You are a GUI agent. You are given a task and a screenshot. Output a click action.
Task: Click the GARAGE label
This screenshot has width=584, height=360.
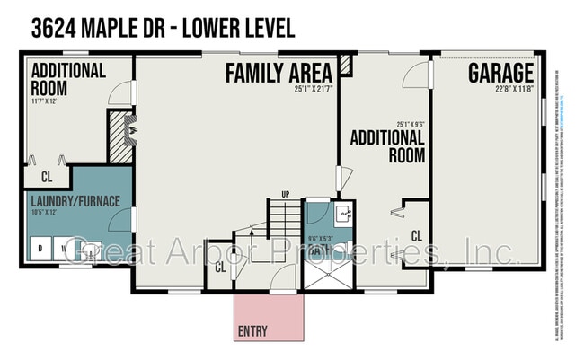(x=500, y=74)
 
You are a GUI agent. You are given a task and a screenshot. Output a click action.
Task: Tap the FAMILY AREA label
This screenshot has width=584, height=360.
(x=279, y=72)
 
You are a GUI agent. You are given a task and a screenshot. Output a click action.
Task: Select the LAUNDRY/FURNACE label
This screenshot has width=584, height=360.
(x=75, y=200)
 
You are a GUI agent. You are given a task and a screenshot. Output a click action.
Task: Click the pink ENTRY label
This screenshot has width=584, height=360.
(x=252, y=331)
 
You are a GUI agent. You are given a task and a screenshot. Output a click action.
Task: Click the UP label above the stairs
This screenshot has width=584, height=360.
(x=286, y=193)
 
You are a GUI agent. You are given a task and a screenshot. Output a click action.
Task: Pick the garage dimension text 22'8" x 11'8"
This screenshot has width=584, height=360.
(x=513, y=88)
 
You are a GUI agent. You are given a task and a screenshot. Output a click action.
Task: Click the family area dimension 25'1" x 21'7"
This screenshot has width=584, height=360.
(x=313, y=88)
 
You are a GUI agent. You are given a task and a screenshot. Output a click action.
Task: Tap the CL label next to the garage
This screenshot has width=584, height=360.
(x=416, y=235)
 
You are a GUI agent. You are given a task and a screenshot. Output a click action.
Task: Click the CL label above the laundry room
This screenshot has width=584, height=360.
(x=47, y=176)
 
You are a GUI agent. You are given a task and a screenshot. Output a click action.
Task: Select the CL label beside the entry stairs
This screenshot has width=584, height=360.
(x=220, y=266)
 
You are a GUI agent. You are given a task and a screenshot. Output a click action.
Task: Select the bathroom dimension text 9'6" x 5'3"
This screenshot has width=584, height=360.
(x=319, y=239)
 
